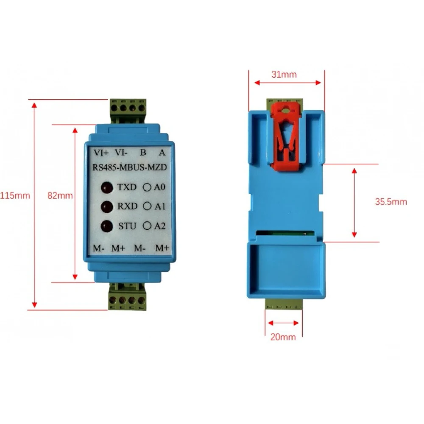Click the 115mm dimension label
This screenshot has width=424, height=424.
(15, 196)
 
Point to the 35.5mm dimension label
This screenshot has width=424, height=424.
(391, 202)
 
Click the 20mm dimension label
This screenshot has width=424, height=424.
(283, 338)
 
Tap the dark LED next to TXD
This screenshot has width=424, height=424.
(106, 187)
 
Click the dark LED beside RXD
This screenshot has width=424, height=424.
(106, 206)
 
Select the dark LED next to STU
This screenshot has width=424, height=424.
(106, 226)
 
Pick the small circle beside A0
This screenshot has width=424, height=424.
(148, 187)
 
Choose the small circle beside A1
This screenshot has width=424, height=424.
(148, 206)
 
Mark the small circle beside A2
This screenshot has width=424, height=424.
(148, 226)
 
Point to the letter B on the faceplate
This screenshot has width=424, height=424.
(143, 152)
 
